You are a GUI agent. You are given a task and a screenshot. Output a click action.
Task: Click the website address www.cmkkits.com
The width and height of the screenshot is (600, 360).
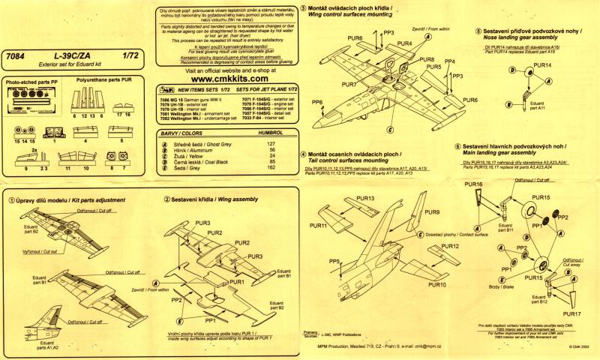coord(226,76)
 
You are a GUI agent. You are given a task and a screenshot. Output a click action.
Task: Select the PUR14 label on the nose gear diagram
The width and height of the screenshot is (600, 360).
coord(541,66)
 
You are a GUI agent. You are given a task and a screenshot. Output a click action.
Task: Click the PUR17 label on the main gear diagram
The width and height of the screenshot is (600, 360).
coord(569,313)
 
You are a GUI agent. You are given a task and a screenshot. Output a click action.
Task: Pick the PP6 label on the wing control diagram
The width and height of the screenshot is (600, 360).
coord(317,101)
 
